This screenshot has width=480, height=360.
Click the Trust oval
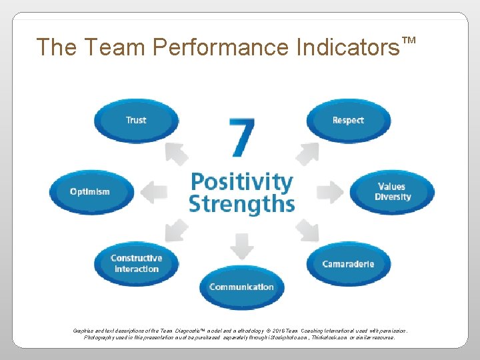[x=136, y=121]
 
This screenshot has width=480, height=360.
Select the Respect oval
[x=348, y=121]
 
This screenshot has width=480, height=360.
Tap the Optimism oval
[x=90, y=192]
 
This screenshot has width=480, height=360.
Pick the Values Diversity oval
[x=393, y=192]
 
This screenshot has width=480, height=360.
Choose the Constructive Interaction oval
[x=136, y=263]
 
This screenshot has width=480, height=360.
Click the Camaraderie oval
[x=348, y=264]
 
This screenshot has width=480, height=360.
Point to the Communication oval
[x=241, y=287]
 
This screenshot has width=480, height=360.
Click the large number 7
[x=241, y=138]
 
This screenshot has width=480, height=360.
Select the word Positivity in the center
[x=241, y=181]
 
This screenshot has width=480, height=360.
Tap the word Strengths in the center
[x=241, y=203]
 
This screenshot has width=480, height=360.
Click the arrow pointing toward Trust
[x=176, y=153]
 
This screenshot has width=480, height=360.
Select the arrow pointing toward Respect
[x=307, y=153]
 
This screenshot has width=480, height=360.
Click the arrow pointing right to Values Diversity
[x=329, y=192]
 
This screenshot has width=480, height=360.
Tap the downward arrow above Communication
[x=241, y=247]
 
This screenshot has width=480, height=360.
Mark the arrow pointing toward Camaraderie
[x=307, y=230]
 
